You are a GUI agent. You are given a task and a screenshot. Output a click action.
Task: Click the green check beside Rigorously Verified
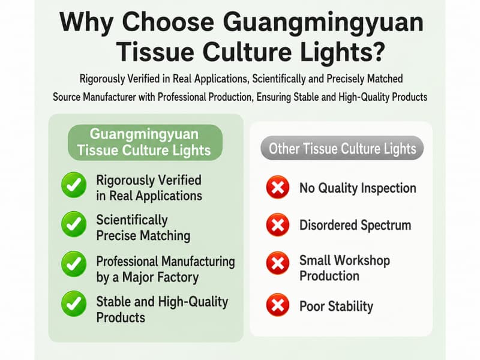tap(74, 185)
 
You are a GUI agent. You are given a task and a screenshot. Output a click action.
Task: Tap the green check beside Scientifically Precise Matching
tap(74, 224)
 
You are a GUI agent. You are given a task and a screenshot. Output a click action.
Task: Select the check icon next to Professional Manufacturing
tap(74, 264)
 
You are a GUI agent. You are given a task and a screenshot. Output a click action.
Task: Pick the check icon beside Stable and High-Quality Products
tap(74, 304)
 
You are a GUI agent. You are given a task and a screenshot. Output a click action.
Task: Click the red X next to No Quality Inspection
tap(278, 187)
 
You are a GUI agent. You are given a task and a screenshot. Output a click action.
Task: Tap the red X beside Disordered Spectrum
tap(278, 225)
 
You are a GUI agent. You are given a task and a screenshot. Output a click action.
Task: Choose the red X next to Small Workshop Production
tap(278, 263)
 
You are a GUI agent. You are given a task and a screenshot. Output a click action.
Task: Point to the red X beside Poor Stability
tap(278, 305)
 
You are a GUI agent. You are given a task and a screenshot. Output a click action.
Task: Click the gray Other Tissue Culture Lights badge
tap(342, 148)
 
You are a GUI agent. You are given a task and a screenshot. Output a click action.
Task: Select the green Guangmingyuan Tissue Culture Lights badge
tap(145, 142)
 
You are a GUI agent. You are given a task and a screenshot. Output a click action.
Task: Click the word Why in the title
tap(86, 23)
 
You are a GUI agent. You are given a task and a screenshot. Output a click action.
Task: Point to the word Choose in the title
tap(168, 22)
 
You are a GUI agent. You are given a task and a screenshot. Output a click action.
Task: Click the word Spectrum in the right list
tap(386, 226)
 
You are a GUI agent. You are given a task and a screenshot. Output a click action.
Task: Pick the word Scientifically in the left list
tap(132, 220)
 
